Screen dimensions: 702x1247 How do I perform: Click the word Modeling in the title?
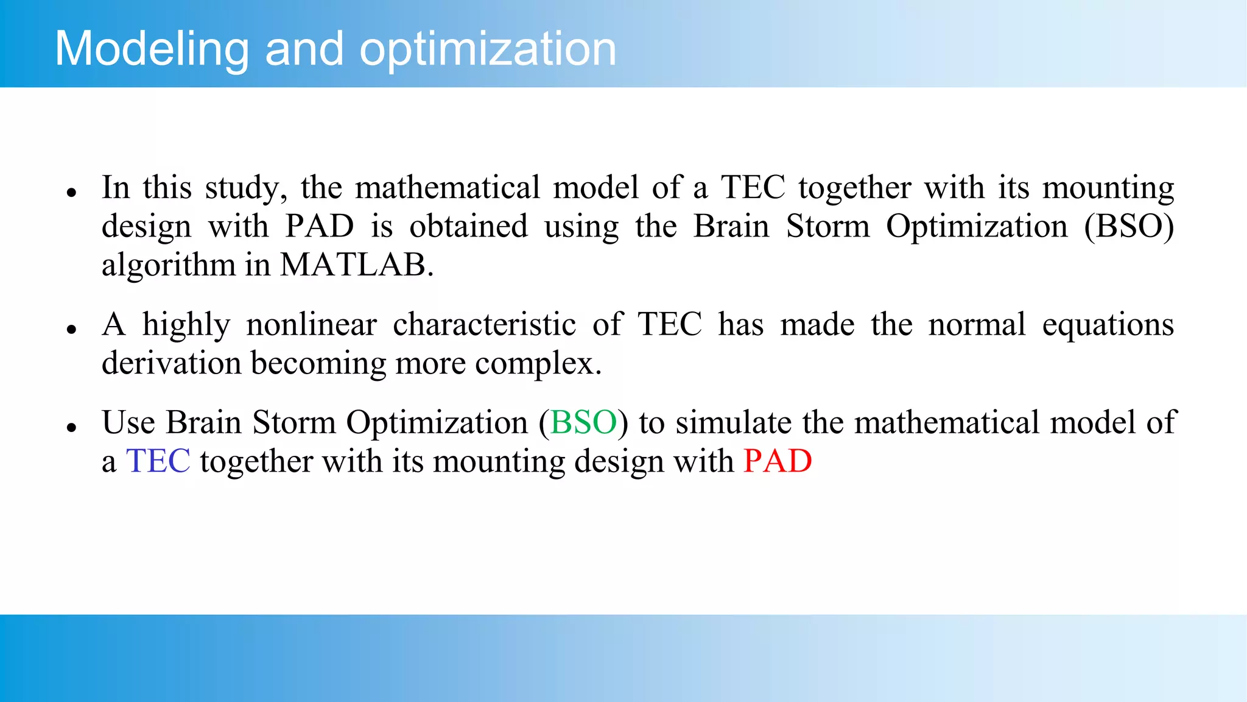pyautogui.click(x=152, y=49)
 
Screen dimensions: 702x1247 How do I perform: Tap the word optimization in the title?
pyautogui.click(x=488, y=49)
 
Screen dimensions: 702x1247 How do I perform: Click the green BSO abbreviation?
pyautogui.click(x=583, y=422)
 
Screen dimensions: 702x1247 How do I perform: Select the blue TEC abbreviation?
pyautogui.click(x=158, y=461)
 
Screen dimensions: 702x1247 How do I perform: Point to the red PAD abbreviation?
pyautogui.click(x=778, y=461)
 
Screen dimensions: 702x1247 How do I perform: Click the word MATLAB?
pyautogui.click(x=356, y=264)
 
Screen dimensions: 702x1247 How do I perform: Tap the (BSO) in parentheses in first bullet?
pyautogui.click(x=1129, y=226)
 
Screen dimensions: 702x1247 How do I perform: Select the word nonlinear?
pyautogui.click(x=311, y=324)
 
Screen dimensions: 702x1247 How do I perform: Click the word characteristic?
pyautogui.click(x=484, y=324)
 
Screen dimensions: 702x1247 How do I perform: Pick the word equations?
pyautogui.click(x=1108, y=324)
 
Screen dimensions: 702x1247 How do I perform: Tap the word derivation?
pyautogui.click(x=171, y=363)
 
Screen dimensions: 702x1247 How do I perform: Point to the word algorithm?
pyautogui.click(x=168, y=264)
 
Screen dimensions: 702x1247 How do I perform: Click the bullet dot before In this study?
pyautogui.click(x=72, y=193)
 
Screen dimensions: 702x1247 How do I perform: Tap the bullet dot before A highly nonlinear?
pyautogui.click(x=72, y=330)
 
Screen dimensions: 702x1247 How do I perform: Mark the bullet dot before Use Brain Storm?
pyautogui.click(x=72, y=427)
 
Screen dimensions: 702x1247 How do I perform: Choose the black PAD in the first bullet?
pyautogui.click(x=320, y=226)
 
